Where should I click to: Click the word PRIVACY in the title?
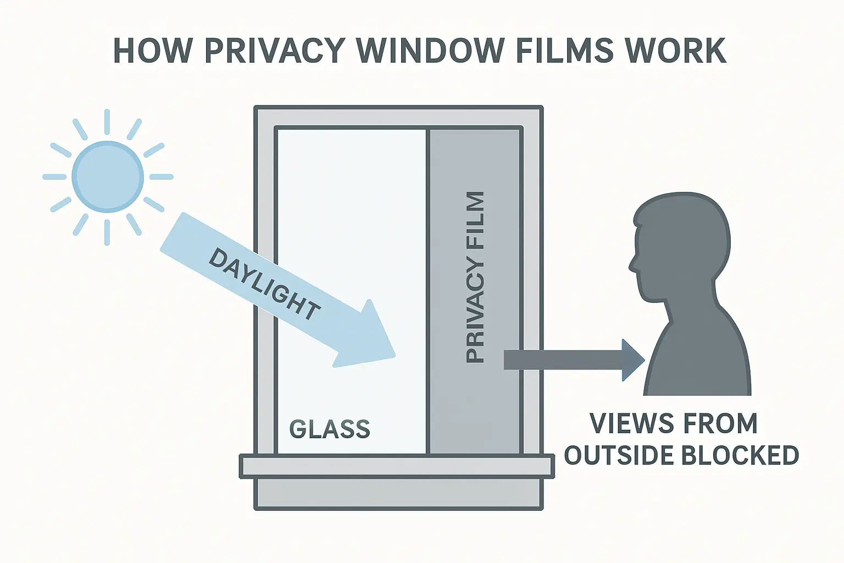[x=275, y=51]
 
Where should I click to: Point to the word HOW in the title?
[x=153, y=51]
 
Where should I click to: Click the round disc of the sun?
[x=108, y=176]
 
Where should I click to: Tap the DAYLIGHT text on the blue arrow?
[x=264, y=284]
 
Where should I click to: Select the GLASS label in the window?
[x=330, y=429]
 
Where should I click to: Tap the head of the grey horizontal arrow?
[x=632, y=360]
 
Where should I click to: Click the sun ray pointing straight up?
[x=107, y=122]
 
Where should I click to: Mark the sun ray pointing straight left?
[x=54, y=177]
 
